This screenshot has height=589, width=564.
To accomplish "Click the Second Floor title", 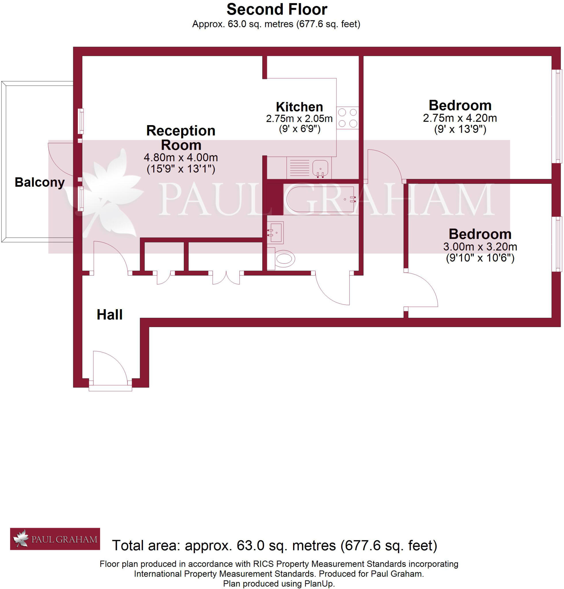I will (x=276, y=9).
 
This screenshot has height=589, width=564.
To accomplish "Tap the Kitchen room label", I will (x=299, y=107).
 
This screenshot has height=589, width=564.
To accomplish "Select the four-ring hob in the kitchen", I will (x=347, y=118).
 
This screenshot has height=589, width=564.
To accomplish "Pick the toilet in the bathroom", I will (x=283, y=259).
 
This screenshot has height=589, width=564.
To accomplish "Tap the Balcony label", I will (x=40, y=182).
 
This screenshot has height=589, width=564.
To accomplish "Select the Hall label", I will (x=109, y=315).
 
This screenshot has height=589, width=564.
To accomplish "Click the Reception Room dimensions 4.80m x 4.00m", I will (x=181, y=158).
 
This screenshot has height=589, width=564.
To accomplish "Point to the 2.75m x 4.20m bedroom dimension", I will (x=460, y=118).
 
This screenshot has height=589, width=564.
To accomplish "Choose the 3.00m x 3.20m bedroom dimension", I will (x=480, y=247).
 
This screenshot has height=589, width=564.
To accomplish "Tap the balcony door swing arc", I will (x=60, y=159).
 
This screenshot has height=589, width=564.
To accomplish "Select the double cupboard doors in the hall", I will (x=226, y=278).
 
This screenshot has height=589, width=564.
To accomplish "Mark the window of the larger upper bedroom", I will (x=558, y=116).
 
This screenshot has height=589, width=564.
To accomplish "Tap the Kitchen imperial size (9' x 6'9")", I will (x=300, y=129).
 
